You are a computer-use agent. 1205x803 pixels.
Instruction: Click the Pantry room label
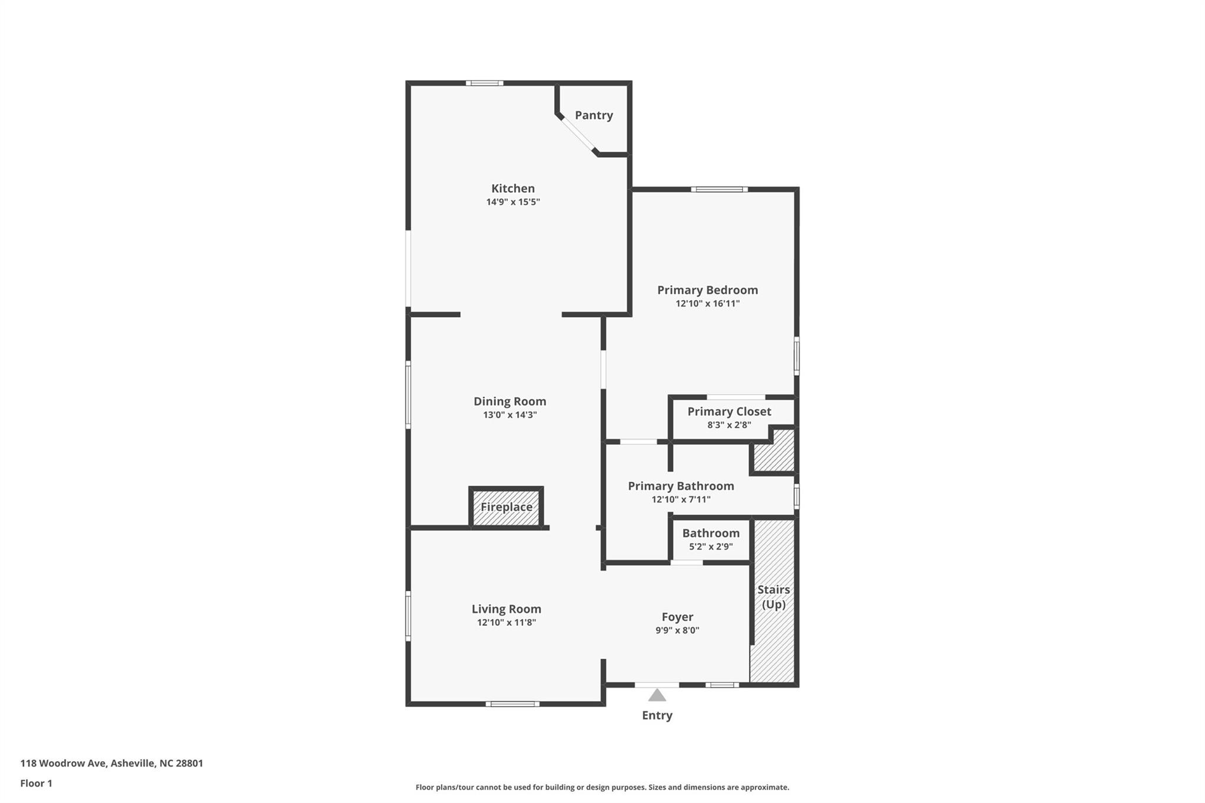(594, 115)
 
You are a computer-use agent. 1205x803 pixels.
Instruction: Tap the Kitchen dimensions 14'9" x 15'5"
(513, 202)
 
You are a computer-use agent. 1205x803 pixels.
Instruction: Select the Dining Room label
(510, 401)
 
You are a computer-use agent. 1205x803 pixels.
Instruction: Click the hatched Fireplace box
(506, 507)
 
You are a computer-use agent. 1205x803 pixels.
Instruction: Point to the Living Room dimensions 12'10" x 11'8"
(507, 622)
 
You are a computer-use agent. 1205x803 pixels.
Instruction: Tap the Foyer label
(677, 617)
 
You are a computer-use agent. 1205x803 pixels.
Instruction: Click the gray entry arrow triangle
(657, 695)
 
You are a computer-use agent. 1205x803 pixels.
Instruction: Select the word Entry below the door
(657, 715)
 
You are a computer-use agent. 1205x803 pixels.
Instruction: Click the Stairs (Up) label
(774, 597)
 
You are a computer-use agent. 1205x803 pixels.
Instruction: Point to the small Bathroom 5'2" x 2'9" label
(711, 539)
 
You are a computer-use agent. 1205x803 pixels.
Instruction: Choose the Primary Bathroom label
(681, 486)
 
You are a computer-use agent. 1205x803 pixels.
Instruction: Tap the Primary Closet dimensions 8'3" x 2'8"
(729, 425)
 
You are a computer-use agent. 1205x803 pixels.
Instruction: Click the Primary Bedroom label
(707, 290)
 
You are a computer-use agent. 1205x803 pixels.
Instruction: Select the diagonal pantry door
(577, 134)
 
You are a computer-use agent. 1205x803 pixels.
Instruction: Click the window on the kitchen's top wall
(485, 83)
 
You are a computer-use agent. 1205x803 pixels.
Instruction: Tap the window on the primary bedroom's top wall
(720, 189)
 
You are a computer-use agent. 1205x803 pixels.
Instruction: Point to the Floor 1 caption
(36, 784)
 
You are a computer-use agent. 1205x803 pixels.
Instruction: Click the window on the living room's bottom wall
(512, 704)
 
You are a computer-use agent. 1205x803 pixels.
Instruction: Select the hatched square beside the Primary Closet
(774, 451)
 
